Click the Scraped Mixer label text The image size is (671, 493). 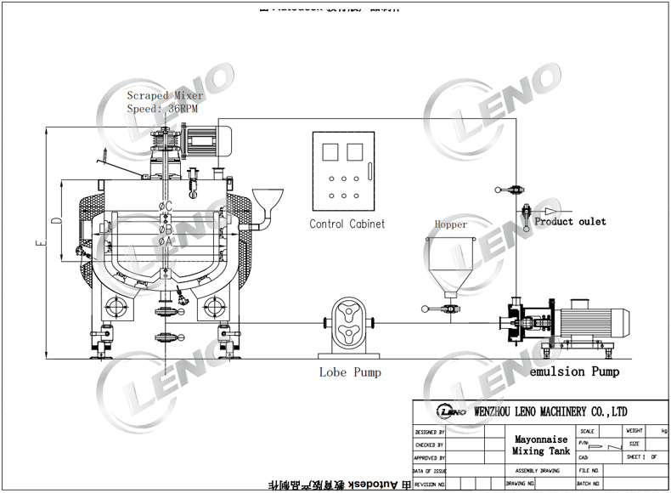pos(165,96)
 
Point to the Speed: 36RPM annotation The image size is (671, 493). pos(162,109)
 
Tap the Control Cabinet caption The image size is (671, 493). pos(347,224)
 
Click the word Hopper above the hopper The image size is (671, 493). pos(451,225)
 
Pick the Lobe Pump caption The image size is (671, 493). pos(350,372)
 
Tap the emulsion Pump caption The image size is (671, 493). pos(574,371)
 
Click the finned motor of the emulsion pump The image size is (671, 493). pos(594,321)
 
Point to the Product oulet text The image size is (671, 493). pos(570,222)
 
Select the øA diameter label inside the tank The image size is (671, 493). pos(166,241)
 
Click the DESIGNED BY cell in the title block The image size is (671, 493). pos(429,432)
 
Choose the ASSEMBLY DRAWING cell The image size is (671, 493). pos(538,470)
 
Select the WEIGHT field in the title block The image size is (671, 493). pos(634,431)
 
